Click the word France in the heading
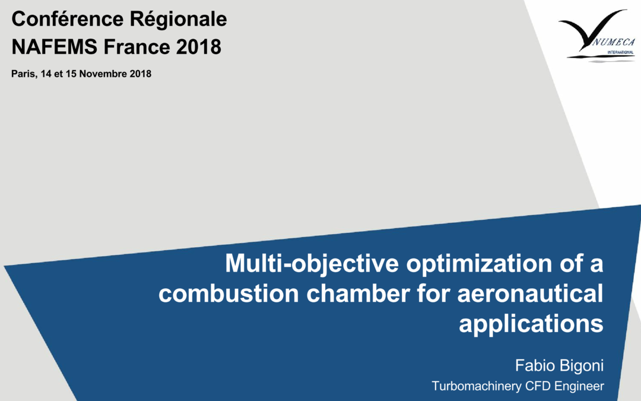(x=137, y=46)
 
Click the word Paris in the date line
(x=22, y=74)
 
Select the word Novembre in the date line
(x=109, y=74)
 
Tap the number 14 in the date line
(x=46, y=74)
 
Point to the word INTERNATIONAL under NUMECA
(x=620, y=52)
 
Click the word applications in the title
(x=531, y=324)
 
